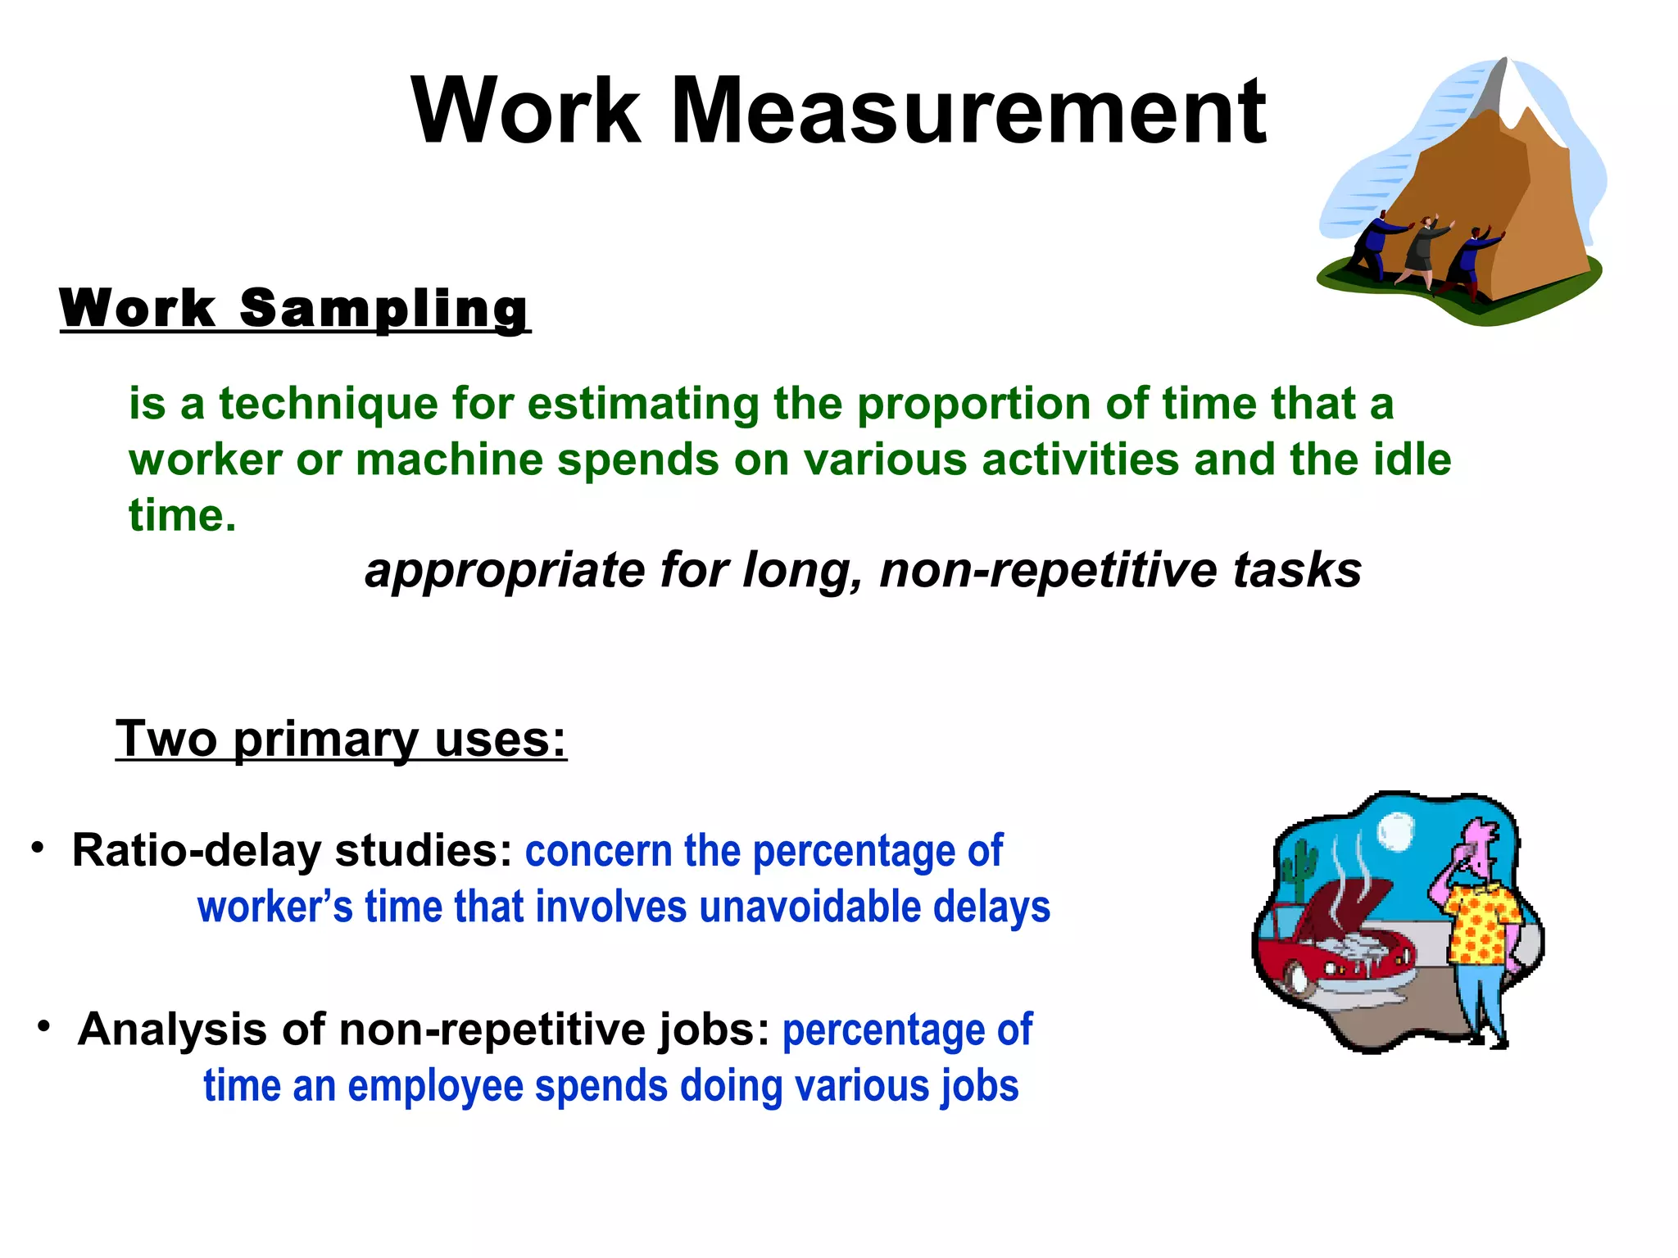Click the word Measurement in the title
pyautogui.click(x=968, y=111)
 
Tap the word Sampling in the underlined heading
pyautogui.click(x=384, y=310)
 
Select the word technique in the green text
pyautogui.click(x=329, y=405)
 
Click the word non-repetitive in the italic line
pyautogui.click(x=1049, y=570)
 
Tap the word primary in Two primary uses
pyautogui.click(x=325, y=740)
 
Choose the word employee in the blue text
pyautogui.click(x=435, y=1086)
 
